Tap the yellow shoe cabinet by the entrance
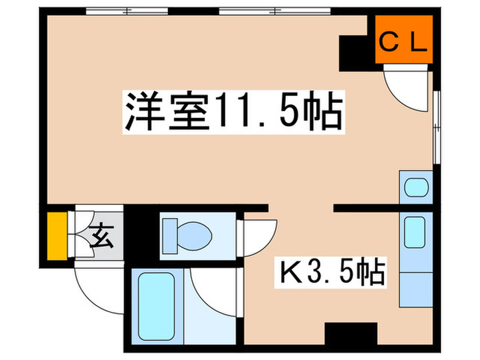click(57, 236)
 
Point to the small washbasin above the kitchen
click(414, 187)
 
